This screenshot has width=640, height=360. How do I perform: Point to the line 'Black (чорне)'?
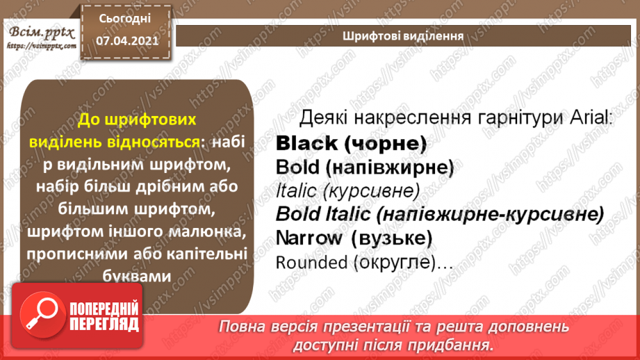(x=350, y=144)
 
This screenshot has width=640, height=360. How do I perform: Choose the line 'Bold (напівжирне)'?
(x=364, y=167)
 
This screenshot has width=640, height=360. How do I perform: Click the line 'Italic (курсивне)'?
(x=347, y=190)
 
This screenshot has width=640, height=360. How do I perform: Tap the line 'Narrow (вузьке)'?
(x=354, y=238)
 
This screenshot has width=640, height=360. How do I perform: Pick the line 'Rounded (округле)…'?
(x=365, y=263)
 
